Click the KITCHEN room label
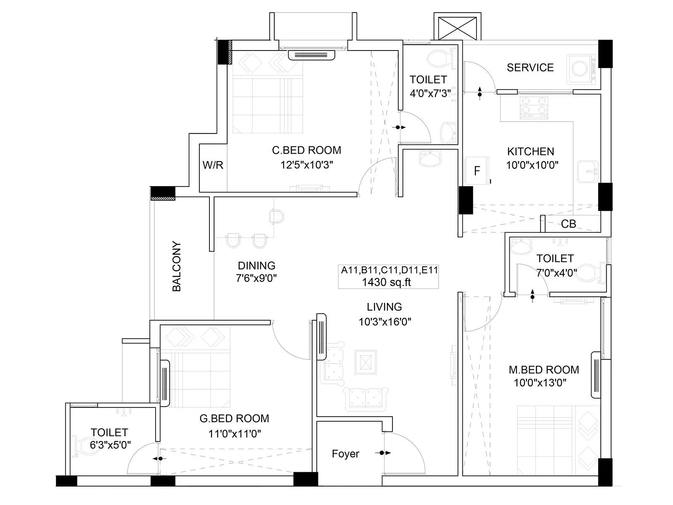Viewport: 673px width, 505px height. tap(530, 151)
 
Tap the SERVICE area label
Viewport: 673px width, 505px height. tap(530, 67)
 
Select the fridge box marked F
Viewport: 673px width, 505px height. tap(477, 170)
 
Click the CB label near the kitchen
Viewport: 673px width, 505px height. tap(568, 224)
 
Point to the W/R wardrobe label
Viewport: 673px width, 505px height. tap(213, 165)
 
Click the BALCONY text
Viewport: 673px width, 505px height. tap(177, 266)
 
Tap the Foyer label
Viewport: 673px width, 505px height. tap(345, 454)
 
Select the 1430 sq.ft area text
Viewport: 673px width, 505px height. tap(386, 282)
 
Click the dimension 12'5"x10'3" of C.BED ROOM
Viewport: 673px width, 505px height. tap(307, 165)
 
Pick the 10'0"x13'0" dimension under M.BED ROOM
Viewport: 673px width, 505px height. tap(540, 383)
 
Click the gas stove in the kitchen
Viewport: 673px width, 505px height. tap(534, 107)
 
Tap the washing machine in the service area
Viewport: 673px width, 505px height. tap(582, 68)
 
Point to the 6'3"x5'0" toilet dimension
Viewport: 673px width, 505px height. tap(110, 445)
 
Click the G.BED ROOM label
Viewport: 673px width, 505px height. tap(234, 418)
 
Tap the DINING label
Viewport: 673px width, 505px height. tap(256, 266)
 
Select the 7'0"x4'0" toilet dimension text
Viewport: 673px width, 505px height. tap(556, 273)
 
